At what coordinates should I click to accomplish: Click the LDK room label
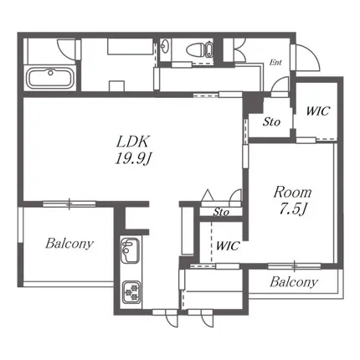133,141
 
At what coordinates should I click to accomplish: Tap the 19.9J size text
133,159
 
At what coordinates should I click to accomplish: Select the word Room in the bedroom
292,193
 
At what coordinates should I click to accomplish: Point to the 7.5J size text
293,209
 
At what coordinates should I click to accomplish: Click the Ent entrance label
275,63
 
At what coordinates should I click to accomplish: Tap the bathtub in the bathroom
50,78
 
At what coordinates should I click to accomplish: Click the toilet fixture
199,50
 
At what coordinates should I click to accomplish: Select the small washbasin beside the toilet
165,47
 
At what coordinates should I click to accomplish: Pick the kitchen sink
131,250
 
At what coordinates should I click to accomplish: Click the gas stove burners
131,291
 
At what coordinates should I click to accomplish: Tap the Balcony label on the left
69,244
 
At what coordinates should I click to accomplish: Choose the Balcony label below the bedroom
294,282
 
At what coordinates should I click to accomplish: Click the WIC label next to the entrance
318,111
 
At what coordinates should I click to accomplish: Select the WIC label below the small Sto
228,246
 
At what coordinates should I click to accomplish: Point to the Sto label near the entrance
271,121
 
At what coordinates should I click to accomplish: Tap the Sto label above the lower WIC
221,213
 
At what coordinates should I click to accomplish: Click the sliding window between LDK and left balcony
69,203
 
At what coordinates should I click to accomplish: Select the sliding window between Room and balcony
295,266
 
